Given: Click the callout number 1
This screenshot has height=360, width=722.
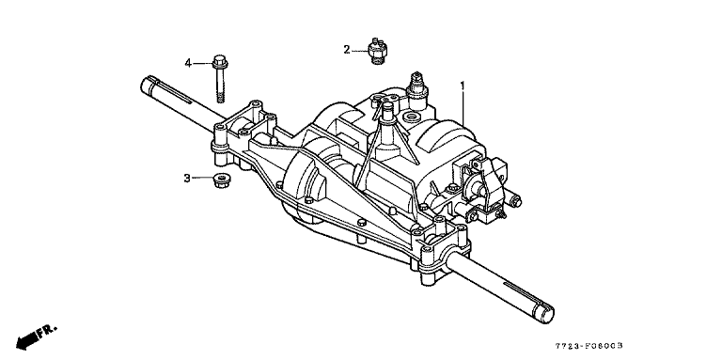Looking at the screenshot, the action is point(463,86).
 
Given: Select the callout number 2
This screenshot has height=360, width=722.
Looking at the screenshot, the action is point(347,50).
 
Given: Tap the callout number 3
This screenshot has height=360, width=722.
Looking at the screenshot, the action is point(187,178).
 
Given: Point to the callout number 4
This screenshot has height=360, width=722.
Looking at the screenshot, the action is point(188,63).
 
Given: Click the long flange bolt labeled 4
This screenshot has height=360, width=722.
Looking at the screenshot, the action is point(221,79).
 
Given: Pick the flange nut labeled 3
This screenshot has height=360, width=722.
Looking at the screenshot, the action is point(223,180).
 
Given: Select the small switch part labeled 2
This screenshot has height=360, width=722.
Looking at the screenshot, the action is point(379,50).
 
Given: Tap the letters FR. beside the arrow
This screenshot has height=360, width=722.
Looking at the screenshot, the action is point(47,332).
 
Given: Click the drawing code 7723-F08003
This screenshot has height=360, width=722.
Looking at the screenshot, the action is point(591,346).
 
